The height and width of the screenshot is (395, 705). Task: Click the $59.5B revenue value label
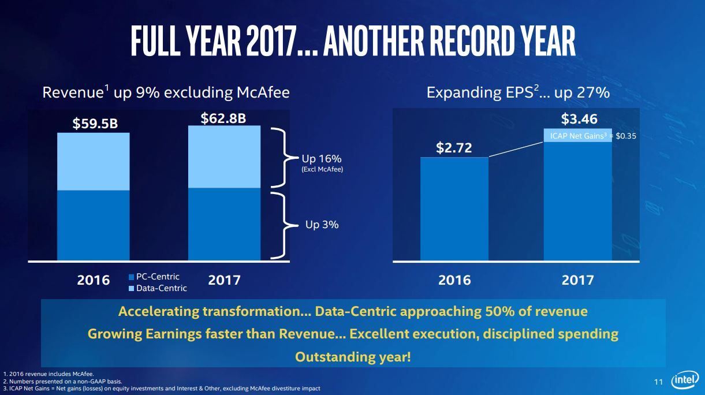click(x=95, y=124)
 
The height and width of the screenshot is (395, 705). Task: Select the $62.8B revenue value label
click(x=223, y=118)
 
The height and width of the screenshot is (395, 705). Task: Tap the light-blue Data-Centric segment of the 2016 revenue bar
click(x=93, y=162)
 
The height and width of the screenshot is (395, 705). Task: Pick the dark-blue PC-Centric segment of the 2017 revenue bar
click(x=225, y=224)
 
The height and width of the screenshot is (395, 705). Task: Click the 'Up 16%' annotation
click(x=322, y=158)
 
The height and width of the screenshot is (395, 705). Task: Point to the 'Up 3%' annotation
click(x=322, y=225)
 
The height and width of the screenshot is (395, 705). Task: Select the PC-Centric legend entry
click(x=154, y=277)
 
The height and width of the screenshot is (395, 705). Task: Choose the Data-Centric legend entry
click(x=158, y=288)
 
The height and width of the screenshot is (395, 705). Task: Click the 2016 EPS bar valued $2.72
click(x=454, y=208)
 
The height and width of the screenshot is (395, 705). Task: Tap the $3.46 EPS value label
click(x=579, y=119)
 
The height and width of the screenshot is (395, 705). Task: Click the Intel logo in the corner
click(x=685, y=381)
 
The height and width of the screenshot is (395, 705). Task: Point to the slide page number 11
click(x=658, y=382)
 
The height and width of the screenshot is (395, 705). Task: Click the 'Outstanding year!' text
click(x=353, y=357)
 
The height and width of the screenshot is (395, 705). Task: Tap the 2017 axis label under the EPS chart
click(x=578, y=280)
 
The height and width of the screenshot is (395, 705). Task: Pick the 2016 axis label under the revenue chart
click(x=93, y=280)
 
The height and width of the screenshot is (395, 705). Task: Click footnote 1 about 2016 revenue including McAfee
click(x=49, y=374)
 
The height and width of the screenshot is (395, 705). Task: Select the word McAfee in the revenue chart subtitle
click(x=263, y=92)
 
